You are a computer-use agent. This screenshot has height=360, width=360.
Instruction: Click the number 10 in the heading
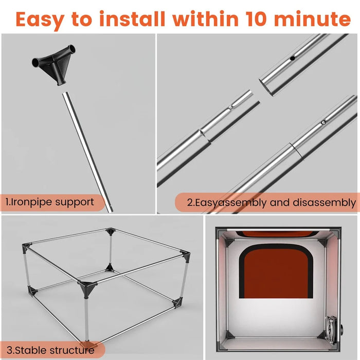(x=256, y=19)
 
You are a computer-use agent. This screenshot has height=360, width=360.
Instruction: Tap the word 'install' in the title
(x=132, y=19)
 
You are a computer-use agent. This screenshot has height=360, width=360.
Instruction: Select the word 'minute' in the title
(x=313, y=19)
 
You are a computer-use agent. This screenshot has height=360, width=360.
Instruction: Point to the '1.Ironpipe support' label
(x=50, y=202)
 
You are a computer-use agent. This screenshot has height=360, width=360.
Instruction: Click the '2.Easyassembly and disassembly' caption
(x=271, y=203)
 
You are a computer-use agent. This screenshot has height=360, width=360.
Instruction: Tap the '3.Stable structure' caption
(x=50, y=350)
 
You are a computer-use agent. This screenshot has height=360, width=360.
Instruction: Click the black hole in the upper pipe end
(x=292, y=58)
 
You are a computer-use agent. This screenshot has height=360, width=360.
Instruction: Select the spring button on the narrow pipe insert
(x=231, y=107)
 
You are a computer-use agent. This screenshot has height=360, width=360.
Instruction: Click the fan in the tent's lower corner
(x=332, y=330)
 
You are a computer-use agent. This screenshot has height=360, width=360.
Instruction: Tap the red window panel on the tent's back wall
(x=276, y=272)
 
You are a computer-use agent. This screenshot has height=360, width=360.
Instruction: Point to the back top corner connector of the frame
(x=111, y=231)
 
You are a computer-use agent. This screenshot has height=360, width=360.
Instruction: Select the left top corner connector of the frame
(x=27, y=248)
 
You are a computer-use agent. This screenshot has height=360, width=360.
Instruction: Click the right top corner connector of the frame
(x=185, y=256)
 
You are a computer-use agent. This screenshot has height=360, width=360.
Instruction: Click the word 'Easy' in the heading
(x=40, y=20)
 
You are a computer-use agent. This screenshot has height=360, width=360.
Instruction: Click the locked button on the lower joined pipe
(x=323, y=122)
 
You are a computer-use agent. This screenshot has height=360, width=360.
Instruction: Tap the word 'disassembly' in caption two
(x=325, y=203)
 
